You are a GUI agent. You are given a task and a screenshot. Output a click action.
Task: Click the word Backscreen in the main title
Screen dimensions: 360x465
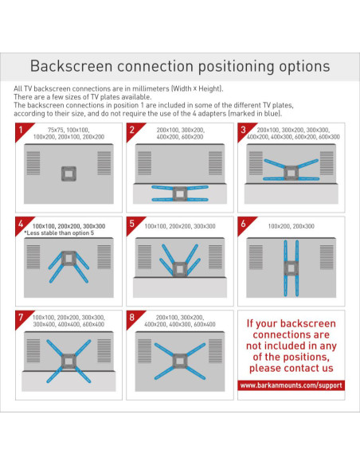[71, 66]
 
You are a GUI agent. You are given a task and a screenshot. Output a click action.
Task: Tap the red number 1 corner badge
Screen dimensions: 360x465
[22, 131]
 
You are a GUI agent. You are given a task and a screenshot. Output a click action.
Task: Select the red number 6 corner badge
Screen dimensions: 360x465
[245, 225]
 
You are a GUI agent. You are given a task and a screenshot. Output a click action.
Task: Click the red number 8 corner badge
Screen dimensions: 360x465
[134, 318]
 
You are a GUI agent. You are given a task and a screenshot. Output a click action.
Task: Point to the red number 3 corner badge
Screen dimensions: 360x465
[245, 131]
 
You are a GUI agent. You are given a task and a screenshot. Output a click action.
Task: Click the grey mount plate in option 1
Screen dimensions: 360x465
[68, 174]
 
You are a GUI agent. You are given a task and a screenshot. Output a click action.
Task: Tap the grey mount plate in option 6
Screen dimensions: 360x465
[291, 268]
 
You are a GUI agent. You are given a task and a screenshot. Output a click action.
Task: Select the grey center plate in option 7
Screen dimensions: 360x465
[68, 361]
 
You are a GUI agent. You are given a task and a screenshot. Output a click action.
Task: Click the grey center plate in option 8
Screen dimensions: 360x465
[180, 361]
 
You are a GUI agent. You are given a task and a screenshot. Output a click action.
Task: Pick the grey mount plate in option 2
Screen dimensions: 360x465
[180, 194]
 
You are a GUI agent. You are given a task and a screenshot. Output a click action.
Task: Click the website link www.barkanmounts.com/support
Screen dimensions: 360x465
[291, 385]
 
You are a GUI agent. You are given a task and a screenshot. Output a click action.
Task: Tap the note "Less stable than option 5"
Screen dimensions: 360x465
[59, 233]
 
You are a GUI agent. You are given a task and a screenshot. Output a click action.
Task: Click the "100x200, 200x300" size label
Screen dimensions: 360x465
[291, 226]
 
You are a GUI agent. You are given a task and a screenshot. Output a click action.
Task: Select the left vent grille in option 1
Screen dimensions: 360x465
[33, 162]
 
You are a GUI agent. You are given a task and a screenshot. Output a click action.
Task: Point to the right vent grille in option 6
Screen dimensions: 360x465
[327, 257]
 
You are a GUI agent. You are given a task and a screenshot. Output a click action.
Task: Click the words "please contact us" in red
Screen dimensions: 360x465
[292, 368]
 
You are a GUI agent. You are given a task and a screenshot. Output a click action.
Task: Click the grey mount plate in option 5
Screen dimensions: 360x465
[180, 269]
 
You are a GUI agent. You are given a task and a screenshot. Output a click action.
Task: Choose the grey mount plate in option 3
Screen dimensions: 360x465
[291, 173]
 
